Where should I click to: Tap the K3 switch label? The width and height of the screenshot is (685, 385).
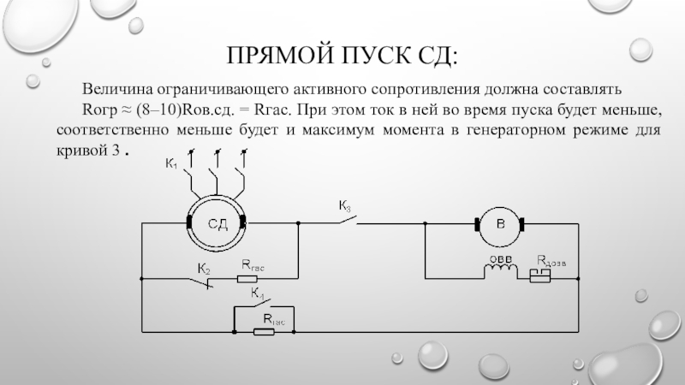click(x=344, y=205)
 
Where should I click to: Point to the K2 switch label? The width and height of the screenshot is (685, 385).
click(x=204, y=268)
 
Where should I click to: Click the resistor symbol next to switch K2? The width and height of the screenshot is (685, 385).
click(x=250, y=278)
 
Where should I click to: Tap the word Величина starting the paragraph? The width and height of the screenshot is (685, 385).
click(x=116, y=90)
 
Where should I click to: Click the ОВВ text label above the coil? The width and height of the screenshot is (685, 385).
click(x=500, y=259)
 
